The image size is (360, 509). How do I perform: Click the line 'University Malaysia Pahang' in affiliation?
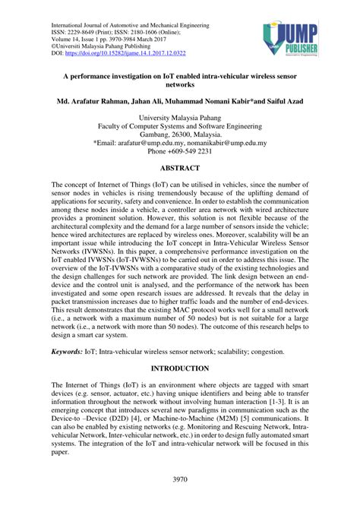pyautogui.click(x=179, y=118)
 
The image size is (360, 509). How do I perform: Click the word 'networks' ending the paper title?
pyautogui.click(x=179, y=84)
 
